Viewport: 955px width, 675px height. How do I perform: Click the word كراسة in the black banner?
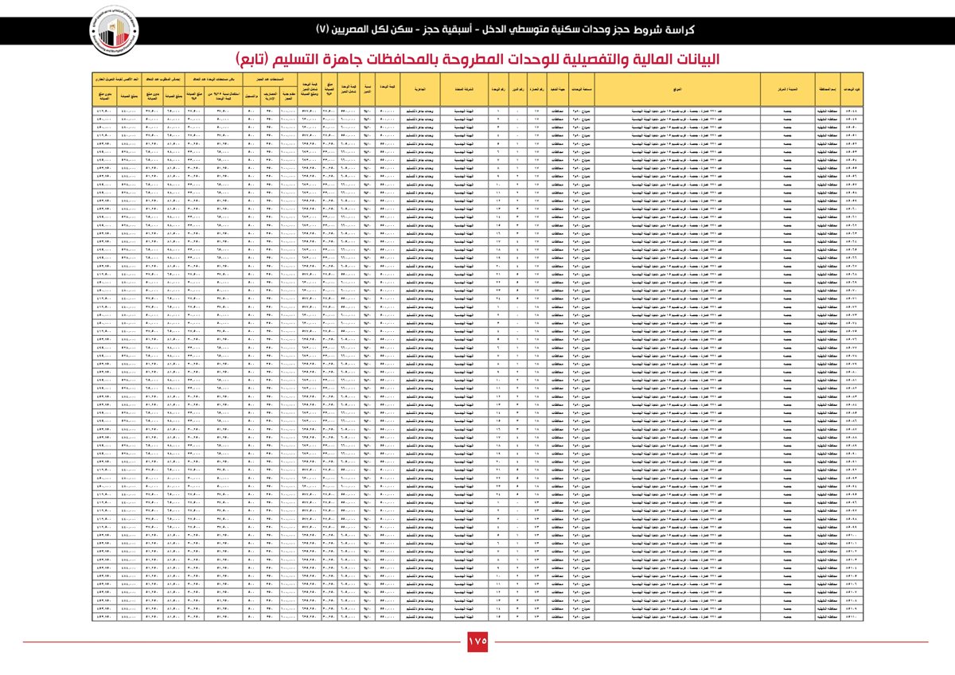[x=678, y=29]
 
